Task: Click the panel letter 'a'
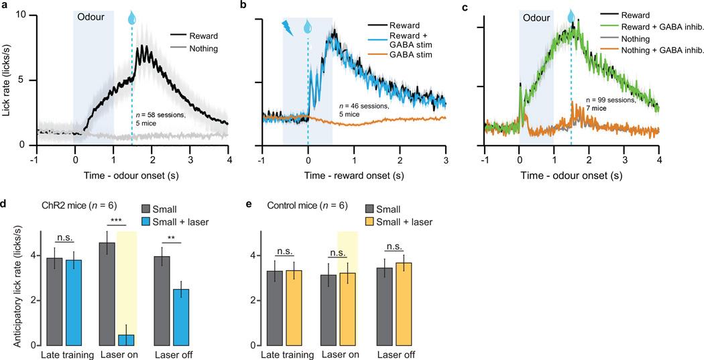[5, 5]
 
